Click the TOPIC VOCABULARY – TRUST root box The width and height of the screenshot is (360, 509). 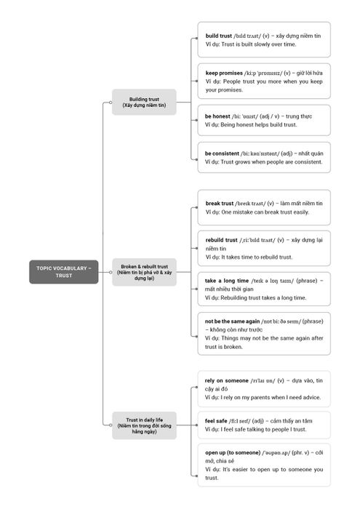(63, 272)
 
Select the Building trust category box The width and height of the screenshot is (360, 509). (144, 102)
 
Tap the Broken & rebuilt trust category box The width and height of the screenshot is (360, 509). (144, 272)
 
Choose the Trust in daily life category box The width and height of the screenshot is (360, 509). (144, 425)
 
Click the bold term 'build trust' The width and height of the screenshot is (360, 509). (218, 36)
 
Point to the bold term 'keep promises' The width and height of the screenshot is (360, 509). (224, 73)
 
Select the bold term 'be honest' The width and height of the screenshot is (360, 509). (217, 116)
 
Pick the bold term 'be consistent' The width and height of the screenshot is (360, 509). (222, 153)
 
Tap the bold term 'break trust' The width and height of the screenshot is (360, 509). (220, 204)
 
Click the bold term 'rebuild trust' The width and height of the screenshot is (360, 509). (221, 240)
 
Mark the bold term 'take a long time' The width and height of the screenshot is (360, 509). (227, 281)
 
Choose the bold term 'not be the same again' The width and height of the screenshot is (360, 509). (232, 321)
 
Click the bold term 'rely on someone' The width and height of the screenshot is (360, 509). (227, 380)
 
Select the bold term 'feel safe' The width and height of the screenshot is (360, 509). (216, 421)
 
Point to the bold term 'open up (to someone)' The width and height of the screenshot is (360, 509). (233, 452)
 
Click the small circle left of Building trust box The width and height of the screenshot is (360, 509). (111, 103)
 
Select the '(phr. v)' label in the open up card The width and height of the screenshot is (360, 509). (300, 452)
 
